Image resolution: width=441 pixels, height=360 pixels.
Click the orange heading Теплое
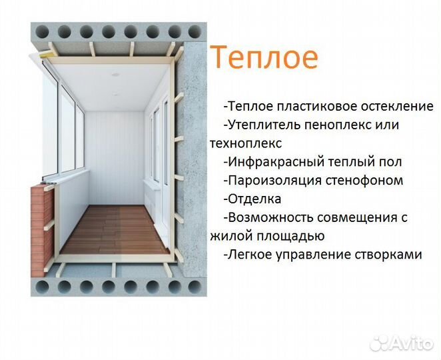click(x=264, y=59)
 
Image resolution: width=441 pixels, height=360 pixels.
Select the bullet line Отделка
click(x=253, y=199)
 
